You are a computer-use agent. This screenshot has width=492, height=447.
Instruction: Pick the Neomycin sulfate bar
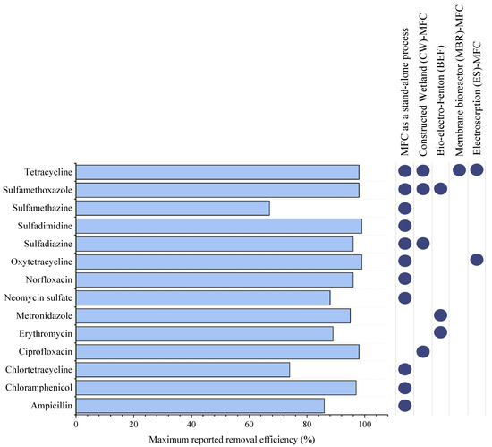click(x=203, y=297)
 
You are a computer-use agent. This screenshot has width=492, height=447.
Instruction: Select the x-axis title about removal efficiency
click(x=233, y=439)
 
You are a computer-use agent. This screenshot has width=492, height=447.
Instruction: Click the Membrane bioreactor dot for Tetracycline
click(x=459, y=170)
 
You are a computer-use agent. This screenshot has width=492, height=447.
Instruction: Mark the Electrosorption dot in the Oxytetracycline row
click(x=477, y=260)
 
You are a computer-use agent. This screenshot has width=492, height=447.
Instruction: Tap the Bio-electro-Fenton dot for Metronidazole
click(x=440, y=314)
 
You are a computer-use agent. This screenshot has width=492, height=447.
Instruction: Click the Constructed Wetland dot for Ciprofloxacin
click(x=422, y=350)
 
